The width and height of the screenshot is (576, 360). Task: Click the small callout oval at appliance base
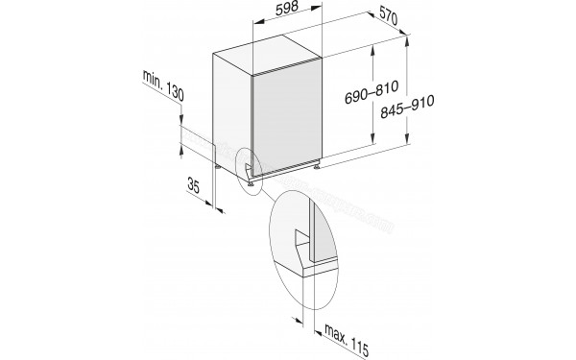[x=248, y=172]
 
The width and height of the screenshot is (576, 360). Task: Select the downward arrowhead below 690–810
[x=369, y=147]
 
